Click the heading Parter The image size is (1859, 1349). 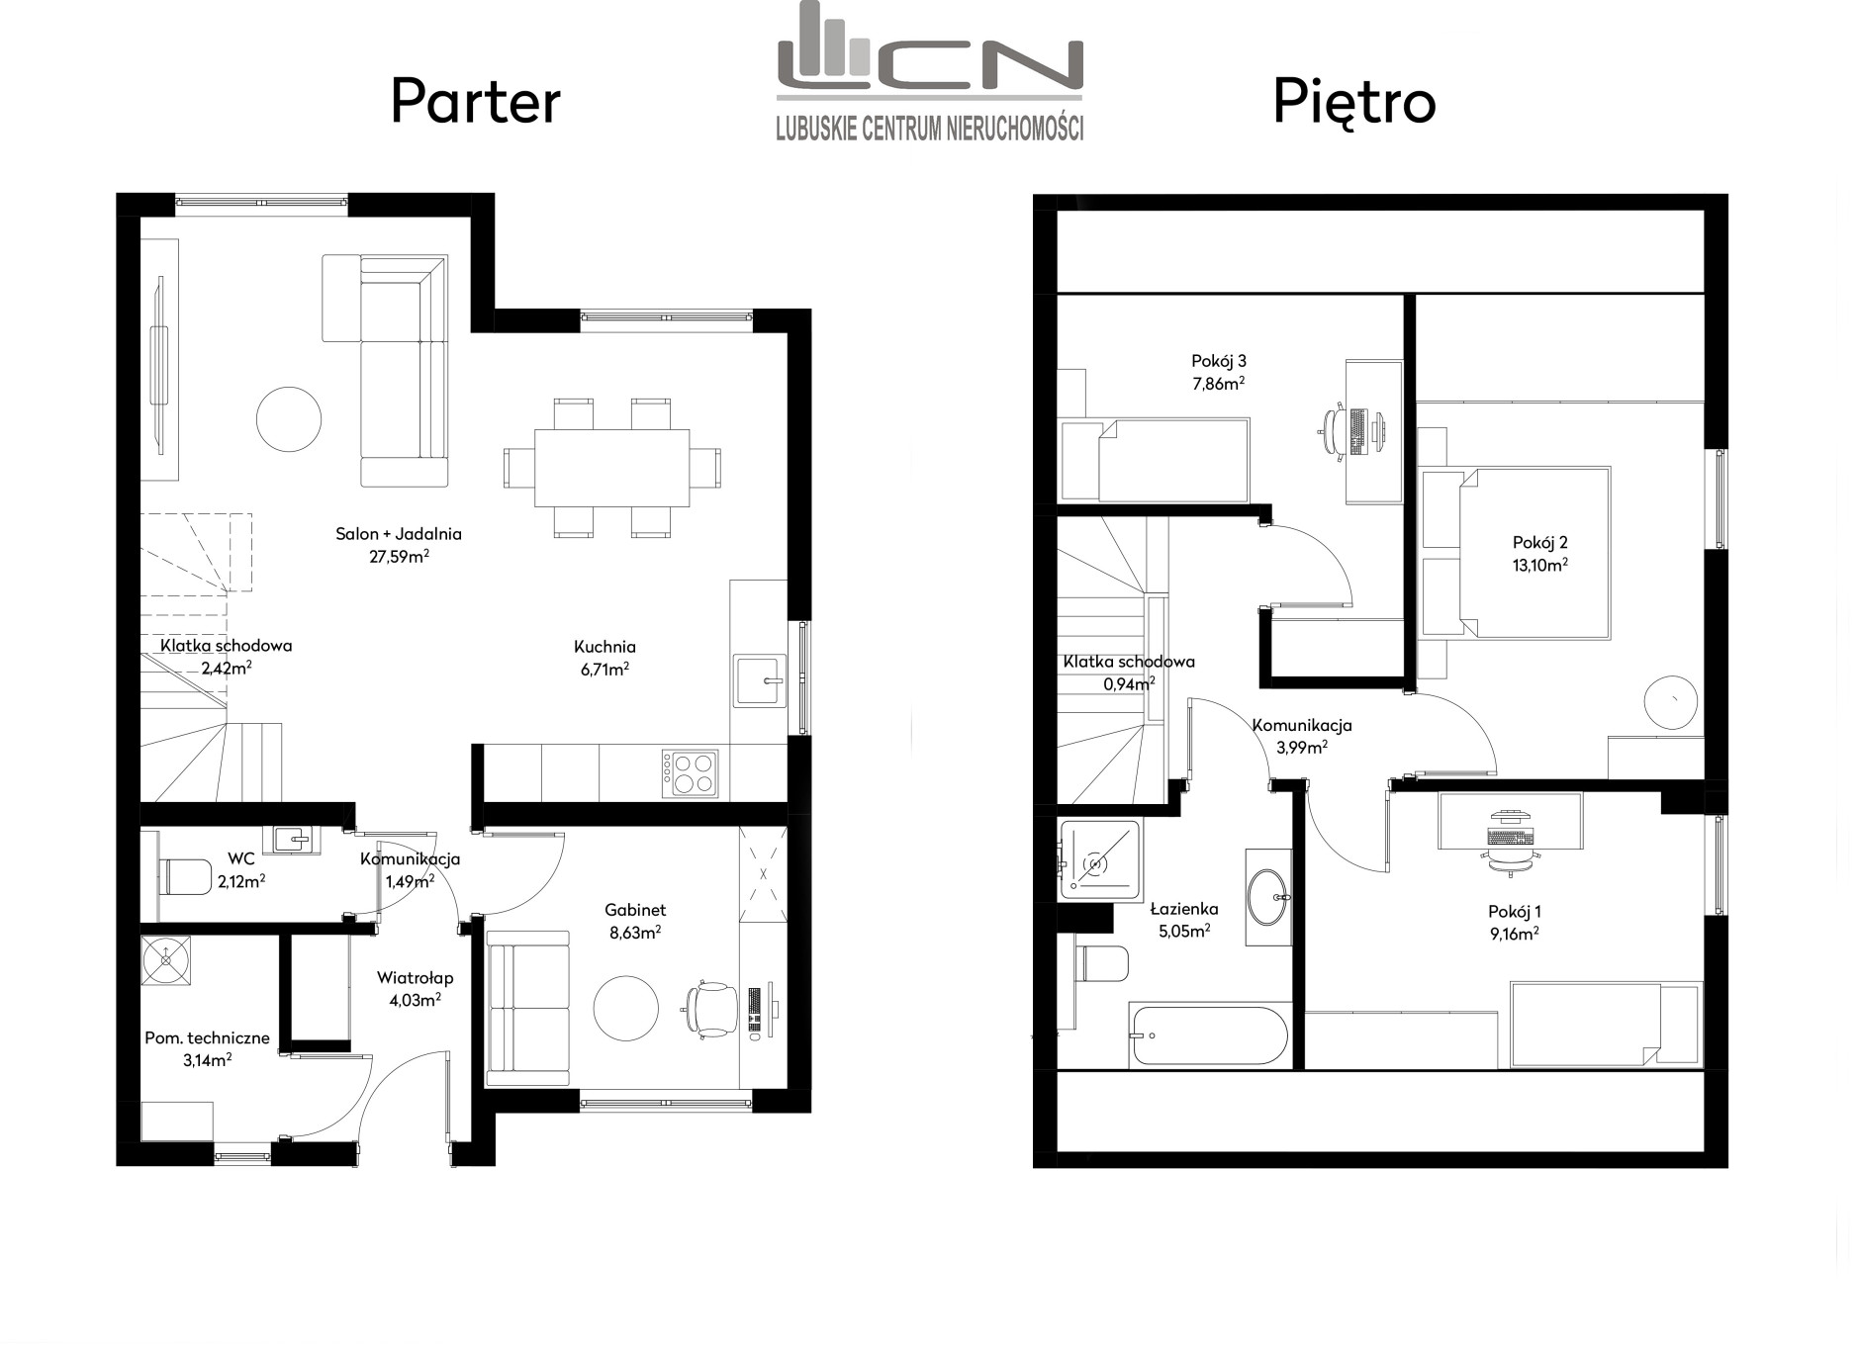(x=476, y=102)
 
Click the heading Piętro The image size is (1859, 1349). (x=1353, y=103)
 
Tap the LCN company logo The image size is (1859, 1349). (x=929, y=71)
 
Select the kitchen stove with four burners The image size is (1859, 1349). (x=691, y=773)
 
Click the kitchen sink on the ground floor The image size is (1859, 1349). (x=759, y=680)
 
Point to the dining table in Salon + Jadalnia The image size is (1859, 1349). (x=611, y=467)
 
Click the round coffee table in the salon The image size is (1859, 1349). (x=289, y=419)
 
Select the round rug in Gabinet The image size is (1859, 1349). (x=625, y=1008)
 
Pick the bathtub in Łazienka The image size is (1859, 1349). (x=1209, y=1035)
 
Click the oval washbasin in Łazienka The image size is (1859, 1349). (x=1267, y=897)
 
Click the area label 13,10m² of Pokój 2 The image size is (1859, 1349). (x=1539, y=565)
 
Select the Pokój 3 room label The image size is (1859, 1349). (x=1218, y=362)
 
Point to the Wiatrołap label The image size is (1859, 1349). (x=415, y=978)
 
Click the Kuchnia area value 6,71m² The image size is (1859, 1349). (x=604, y=670)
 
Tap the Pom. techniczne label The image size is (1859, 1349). (x=207, y=1038)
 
